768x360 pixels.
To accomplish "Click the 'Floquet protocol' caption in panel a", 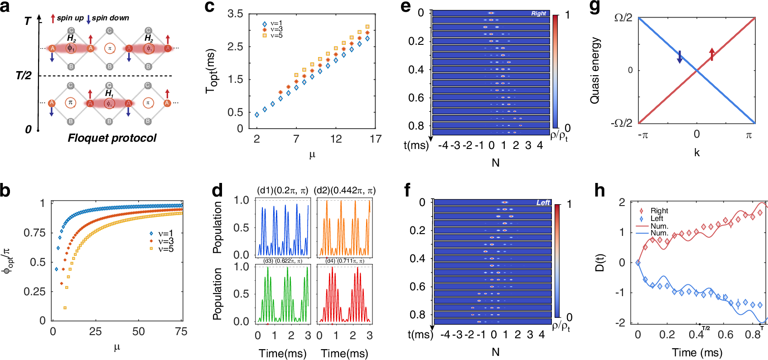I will click(112, 138).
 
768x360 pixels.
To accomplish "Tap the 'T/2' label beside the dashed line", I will click(24, 76).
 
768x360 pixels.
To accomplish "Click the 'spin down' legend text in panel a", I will click(110, 18).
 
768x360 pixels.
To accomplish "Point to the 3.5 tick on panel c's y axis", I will click(235, 14).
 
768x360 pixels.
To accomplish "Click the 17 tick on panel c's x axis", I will click(375, 139).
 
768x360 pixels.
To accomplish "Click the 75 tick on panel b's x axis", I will click(181, 331).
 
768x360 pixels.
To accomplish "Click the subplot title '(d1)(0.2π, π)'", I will click(282, 191).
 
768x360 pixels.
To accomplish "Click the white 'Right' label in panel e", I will click(538, 14).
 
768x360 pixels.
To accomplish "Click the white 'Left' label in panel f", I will click(543, 202).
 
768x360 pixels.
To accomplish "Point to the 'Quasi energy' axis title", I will click(595, 70).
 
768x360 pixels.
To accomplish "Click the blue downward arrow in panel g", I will click(680, 57).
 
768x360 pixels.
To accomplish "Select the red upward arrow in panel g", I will click(712, 54).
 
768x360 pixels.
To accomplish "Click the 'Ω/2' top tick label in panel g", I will click(623, 18).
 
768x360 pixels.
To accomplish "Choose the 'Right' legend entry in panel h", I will click(659, 211).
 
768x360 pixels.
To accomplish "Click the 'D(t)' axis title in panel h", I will click(599, 263).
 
